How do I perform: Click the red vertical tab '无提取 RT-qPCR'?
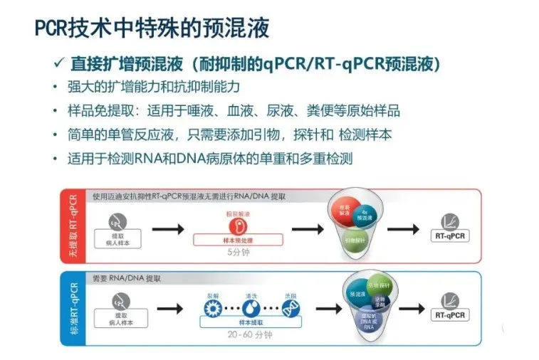72,226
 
